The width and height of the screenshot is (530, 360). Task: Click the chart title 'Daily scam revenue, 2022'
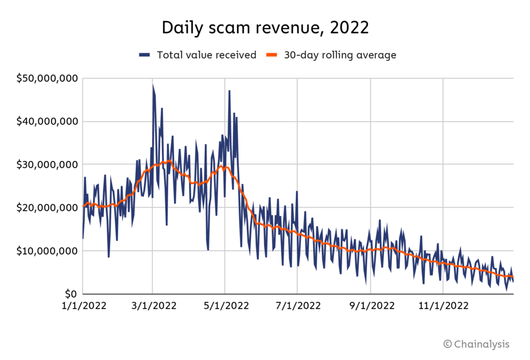[265, 28]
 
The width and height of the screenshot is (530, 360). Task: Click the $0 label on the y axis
[70, 294]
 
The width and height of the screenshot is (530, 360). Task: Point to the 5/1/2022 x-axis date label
[225, 306]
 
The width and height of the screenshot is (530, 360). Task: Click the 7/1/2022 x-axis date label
[297, 306]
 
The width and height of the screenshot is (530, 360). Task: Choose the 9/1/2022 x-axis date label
[370, 306]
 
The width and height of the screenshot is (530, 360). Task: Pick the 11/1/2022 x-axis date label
[443, 306]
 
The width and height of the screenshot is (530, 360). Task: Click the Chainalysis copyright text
[476, 344]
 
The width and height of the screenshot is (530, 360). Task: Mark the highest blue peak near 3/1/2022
[153, 85]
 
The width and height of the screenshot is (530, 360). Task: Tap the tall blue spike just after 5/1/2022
[229, 91]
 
